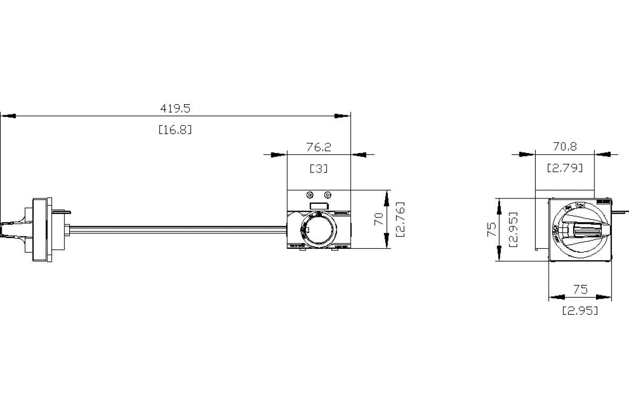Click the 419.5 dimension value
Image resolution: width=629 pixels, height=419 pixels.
(x=175, y=108)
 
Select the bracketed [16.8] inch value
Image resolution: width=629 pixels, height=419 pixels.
(x=175, y=129)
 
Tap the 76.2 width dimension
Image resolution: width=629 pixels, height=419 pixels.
(x=319, y=147)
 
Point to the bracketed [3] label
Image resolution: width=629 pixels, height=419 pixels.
(x=319, y=169)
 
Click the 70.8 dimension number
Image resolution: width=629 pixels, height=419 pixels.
(x=565, y=147)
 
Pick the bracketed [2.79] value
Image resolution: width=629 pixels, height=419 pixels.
(x=565, y=169)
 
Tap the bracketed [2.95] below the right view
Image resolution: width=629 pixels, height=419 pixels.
(x=580, y=311)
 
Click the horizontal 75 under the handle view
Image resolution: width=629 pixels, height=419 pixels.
(x=580, y=289)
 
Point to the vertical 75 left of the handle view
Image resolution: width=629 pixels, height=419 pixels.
(x=491, y=229)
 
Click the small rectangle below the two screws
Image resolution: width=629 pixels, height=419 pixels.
(x=318, y=206)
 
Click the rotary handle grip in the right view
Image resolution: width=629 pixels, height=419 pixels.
(x=584, y=229)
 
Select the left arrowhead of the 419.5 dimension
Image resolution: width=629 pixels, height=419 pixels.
(x=8, y=115)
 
